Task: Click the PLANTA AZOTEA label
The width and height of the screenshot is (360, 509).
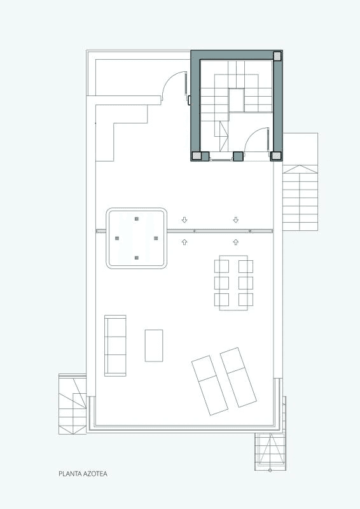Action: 83,473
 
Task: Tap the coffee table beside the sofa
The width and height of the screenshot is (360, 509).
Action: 154,345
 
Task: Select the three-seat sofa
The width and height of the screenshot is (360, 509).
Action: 115,345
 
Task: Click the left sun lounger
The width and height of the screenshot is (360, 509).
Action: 210,386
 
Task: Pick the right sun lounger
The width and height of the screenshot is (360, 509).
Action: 239,377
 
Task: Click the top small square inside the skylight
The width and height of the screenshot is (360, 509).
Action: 137,219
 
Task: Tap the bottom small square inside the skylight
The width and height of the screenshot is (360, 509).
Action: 137,258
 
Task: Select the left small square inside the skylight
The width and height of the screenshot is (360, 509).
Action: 117,238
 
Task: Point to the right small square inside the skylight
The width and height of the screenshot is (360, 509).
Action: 156,238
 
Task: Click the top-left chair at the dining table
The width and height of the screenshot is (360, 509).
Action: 221,266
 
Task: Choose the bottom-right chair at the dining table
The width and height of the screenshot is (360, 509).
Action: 246,299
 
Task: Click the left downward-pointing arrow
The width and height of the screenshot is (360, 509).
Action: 184,220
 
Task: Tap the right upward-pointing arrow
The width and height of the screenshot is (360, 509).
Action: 236,242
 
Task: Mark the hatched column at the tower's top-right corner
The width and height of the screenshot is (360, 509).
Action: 277,56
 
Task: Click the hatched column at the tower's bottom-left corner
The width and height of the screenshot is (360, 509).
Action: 197,156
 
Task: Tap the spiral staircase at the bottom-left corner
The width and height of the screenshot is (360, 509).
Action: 73,404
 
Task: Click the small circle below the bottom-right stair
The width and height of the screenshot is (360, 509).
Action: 270,470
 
